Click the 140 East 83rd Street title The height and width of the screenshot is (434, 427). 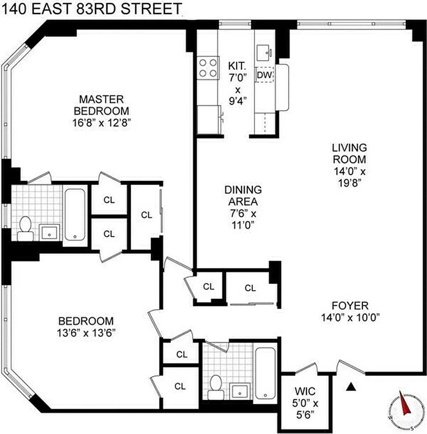click(91, 9)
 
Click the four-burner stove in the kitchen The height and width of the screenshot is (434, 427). click(206, 68)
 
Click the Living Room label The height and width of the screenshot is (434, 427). click(349, 154)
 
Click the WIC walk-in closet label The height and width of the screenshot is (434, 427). click(305, 391)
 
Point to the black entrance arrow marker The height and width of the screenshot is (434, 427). click(351, 387)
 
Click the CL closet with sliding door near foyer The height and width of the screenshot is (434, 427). click(250, 288)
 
